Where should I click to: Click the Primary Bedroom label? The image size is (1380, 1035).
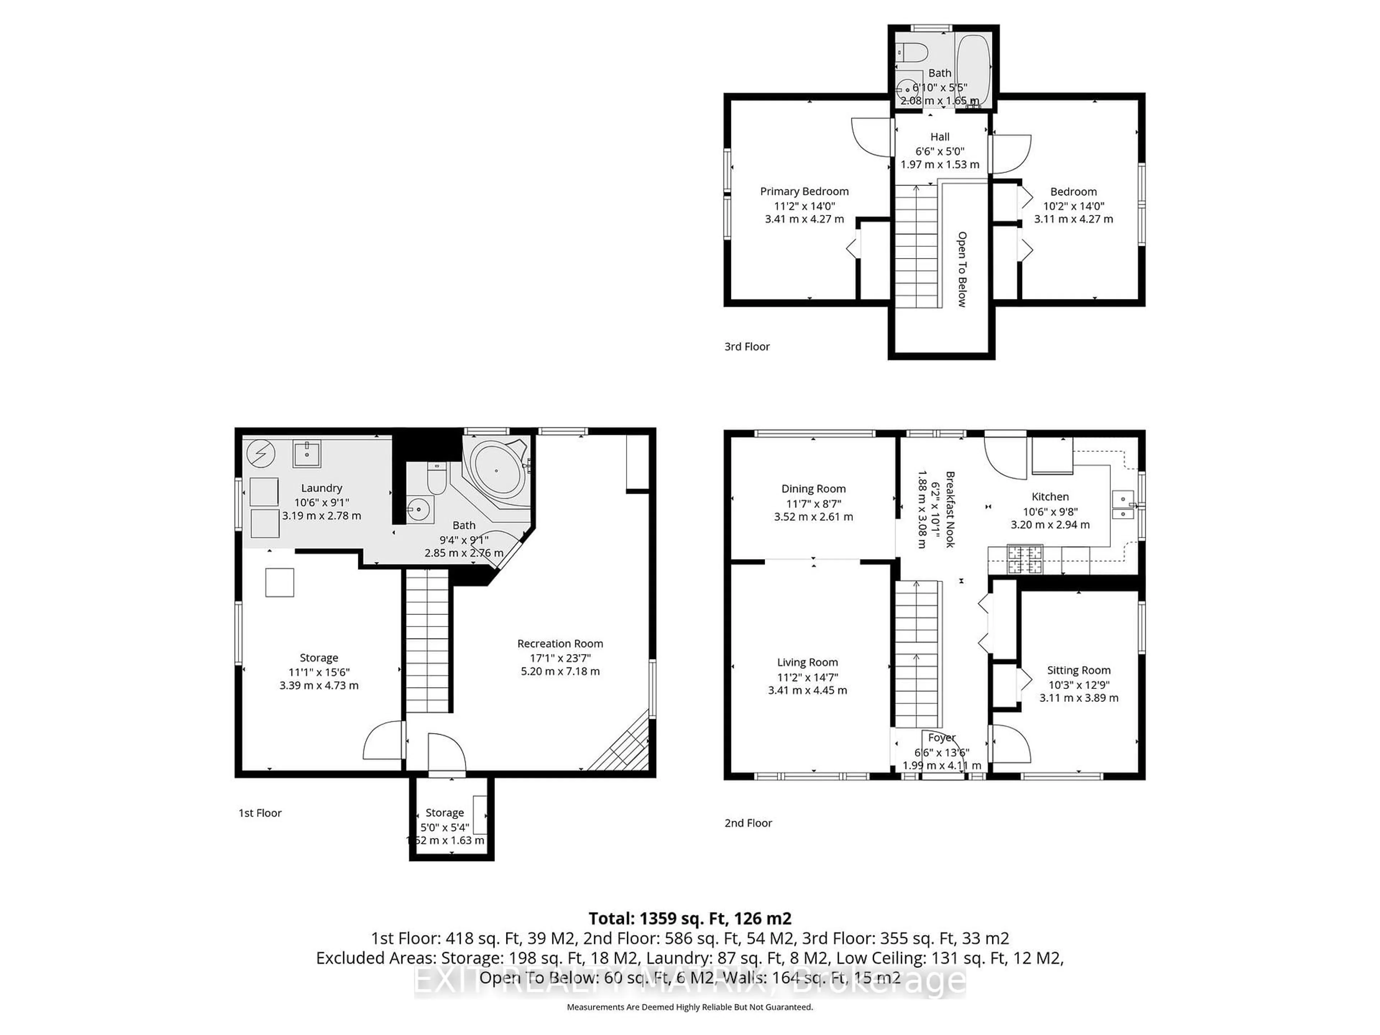[x=804, y=192]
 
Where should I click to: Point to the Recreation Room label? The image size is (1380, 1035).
[x=560, y=643]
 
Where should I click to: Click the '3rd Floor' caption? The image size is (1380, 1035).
[x=747, y=346]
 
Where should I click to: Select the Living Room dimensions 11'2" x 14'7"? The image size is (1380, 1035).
[x=807, y=677]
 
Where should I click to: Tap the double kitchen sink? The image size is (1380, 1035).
[x=1123, y=506]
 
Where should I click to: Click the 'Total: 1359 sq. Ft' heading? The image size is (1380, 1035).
[x=690, y=918]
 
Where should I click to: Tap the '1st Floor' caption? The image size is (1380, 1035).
[x=260, y=813]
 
